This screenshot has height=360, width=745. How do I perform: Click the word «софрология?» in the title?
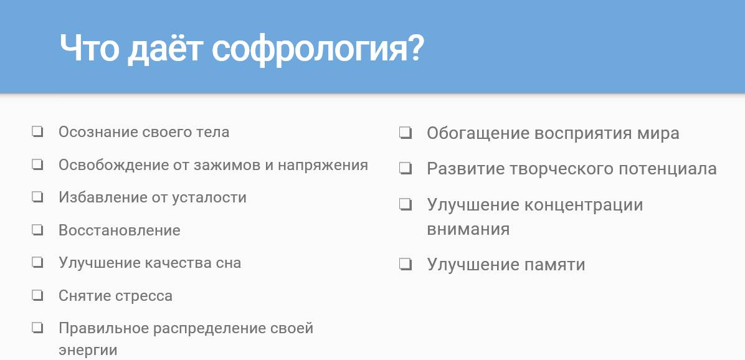point(318,49)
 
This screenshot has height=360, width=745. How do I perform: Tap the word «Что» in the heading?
point(89,48)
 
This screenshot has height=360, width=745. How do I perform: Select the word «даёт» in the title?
point(165,48)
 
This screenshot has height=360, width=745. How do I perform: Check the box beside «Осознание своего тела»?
point(37,131)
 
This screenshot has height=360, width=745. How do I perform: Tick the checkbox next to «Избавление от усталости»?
point(37,197)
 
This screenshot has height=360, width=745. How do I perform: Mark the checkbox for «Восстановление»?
point(37,230)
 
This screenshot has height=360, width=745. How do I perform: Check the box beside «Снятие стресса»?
point(37,295)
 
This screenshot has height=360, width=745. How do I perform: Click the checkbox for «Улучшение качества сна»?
point(37,263)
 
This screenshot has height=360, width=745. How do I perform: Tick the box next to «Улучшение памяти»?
point(406,264)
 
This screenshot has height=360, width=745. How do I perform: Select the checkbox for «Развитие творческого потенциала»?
point(406,169)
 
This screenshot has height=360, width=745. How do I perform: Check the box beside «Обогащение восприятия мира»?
point(406,133)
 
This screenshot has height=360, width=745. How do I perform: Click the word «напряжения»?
point(323,165)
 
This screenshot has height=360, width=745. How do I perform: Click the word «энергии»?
point(88,351)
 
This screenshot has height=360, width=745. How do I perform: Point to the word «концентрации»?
point(584,205)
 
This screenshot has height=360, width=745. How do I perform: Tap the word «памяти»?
point(554,265)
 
